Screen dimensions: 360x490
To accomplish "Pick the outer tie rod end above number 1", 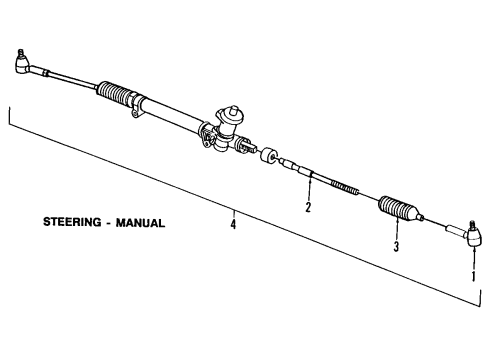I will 471,263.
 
